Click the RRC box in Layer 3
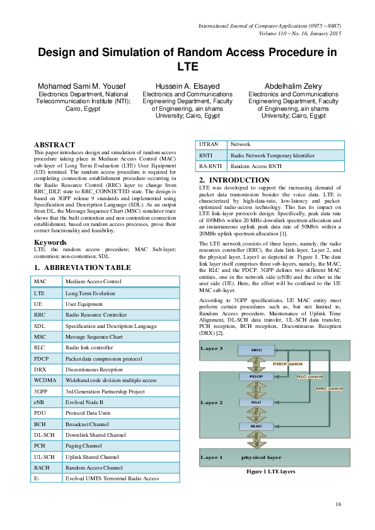coord(257,350)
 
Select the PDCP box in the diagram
coord(256,376)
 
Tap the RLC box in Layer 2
coord(256,402)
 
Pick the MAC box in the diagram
coord(256,427)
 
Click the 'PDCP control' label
coord(287,364)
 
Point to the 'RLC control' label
coord(309,376)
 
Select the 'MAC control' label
coord(330,389)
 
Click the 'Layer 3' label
coord(211,347)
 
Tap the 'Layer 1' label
coord(211,458)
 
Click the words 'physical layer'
coord(261,458)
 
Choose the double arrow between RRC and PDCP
coord(256,363)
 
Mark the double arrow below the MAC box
coord(256,439)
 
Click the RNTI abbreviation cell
coord(205,155)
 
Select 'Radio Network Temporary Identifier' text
coord(272,155)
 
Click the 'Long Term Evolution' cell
coord(90,293)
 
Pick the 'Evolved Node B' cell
coord(84,403)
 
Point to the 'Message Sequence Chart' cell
coord(94,337)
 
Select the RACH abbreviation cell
coord(42,468)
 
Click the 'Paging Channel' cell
coord(84,446)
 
